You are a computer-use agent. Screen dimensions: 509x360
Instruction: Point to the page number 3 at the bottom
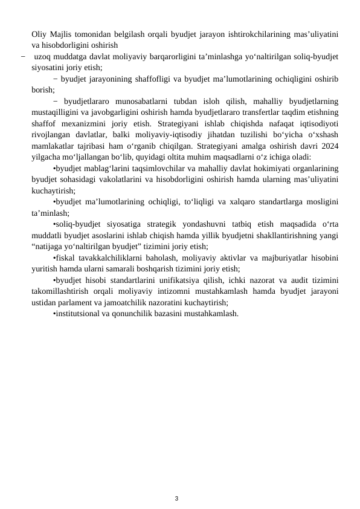pyautogui.click(x=176, y=482)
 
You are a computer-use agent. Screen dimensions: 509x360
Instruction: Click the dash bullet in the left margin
pyautogui.click(x=22, y=57)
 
